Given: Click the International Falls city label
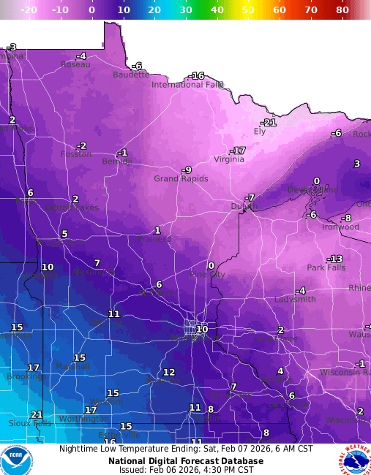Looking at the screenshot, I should point(187,85).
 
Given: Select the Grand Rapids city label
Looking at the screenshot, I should point(181,179).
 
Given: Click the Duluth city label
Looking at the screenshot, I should point(244,207).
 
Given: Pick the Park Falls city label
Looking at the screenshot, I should point(326,267).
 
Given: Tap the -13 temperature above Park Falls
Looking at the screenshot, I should point(334,259).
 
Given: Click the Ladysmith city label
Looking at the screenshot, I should point(295,300).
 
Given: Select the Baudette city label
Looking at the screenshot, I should point(131,75).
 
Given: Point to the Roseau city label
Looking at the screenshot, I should point(75,64).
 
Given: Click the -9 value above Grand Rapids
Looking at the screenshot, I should point(187,170).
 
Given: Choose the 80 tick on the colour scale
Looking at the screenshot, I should point(342,10).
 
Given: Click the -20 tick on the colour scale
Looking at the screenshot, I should point(29,10).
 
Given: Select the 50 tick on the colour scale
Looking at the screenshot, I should point(249,10).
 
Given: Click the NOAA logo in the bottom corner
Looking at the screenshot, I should point(16,459).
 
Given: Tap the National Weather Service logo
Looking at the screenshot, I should point(355,459).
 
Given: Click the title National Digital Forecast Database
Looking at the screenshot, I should point(186,461).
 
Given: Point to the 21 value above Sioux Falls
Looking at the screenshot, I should point(37,414).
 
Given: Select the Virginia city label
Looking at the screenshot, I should point(229,159).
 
